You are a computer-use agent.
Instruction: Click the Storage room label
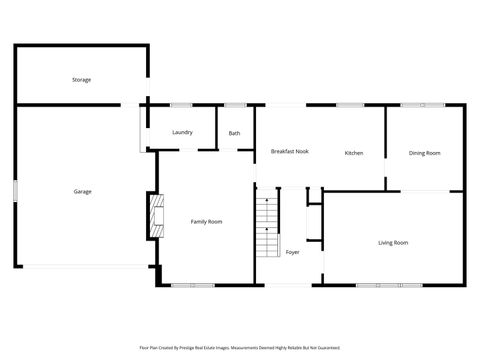[x=81, y=79]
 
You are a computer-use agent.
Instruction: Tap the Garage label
[x=82, y=191]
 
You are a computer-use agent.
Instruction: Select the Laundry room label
[x=182, y=132]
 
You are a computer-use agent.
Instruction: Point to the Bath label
[x=234, y=133]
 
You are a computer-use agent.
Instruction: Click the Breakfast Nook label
[x=289, y=151]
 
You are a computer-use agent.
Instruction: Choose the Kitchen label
[x=354, y=153]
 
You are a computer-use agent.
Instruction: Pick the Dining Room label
[x=424, y=153]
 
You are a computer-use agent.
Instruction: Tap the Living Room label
[x=392, y=242]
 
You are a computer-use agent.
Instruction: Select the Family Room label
[x=206, y=221]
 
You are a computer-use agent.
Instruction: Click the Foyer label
[x=292, y=252]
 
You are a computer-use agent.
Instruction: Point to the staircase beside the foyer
[x=267, y=226]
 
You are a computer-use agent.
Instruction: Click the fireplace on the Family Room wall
[x=154, y=216]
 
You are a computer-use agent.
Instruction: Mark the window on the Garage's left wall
[x=15, y=190]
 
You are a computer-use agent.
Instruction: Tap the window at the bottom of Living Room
[x=389, y=285]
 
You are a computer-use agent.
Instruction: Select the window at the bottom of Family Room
[x=192, y=285]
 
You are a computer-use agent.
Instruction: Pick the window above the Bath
[x=235, y=105]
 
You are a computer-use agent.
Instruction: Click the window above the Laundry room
[x=181, y=105]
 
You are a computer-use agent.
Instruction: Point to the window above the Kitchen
[x=349, y=105]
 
